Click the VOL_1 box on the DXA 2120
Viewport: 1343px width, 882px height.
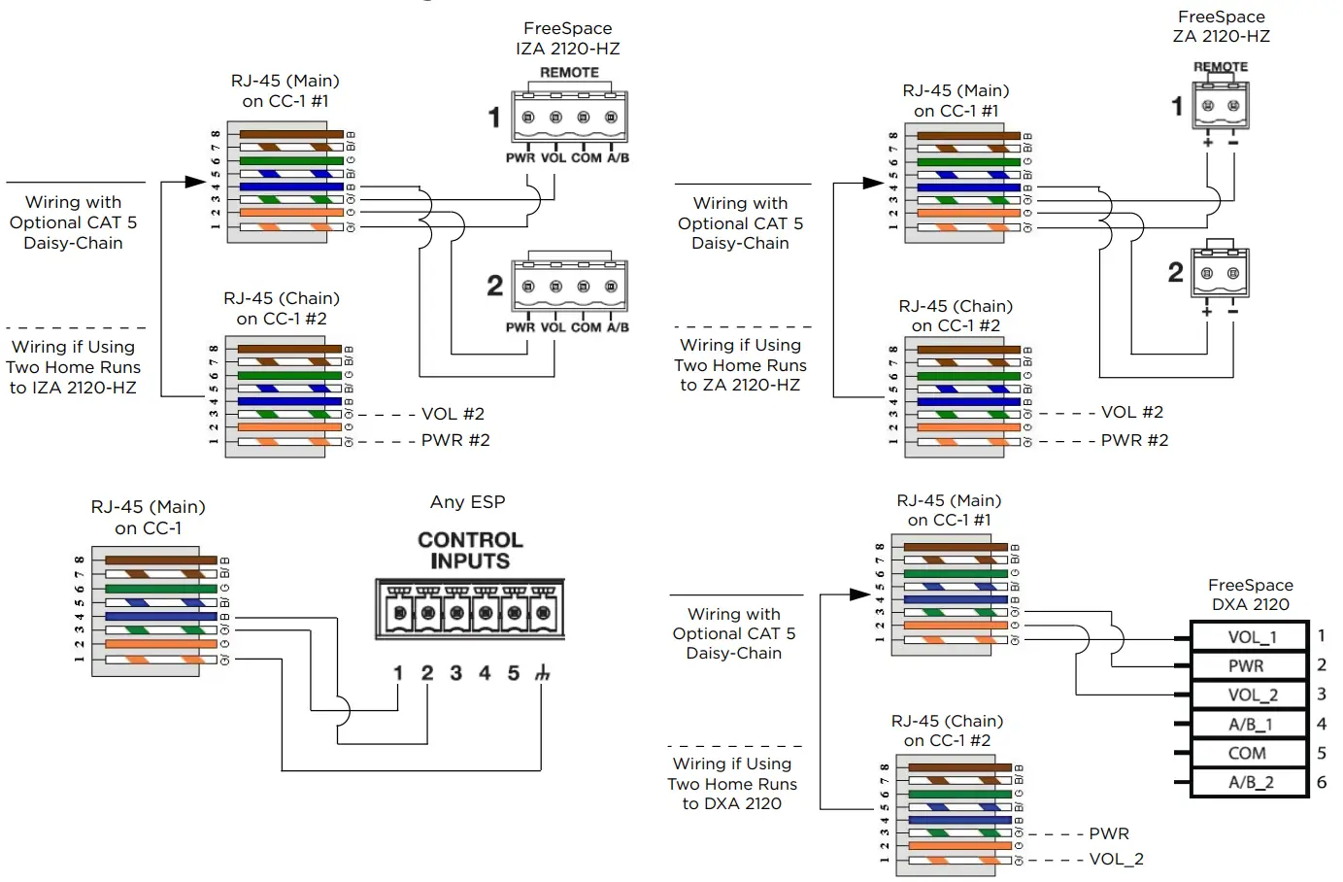1251,637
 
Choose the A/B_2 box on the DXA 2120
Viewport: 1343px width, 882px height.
1251,783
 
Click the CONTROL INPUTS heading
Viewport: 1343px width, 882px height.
470,551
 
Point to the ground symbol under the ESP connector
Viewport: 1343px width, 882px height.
542,673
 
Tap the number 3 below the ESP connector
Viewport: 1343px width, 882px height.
455,673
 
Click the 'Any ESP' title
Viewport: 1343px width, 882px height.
468,502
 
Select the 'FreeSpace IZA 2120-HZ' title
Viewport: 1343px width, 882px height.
568,39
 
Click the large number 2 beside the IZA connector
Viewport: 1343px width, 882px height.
495,286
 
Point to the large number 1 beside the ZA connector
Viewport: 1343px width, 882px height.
1177,106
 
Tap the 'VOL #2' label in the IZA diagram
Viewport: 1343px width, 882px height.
453,414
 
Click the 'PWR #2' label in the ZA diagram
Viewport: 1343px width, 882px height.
1134,440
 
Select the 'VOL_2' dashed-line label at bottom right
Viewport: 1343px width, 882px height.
1116,859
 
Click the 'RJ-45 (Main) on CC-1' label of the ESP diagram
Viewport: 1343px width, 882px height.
148,518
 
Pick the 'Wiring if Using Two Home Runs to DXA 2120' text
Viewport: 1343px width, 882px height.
732,784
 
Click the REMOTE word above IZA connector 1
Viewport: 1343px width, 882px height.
569,73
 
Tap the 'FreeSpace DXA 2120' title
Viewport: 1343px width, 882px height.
1251,594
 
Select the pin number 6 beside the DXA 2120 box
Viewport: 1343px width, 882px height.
1322,782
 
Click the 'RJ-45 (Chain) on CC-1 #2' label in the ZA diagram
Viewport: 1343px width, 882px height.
956,316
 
